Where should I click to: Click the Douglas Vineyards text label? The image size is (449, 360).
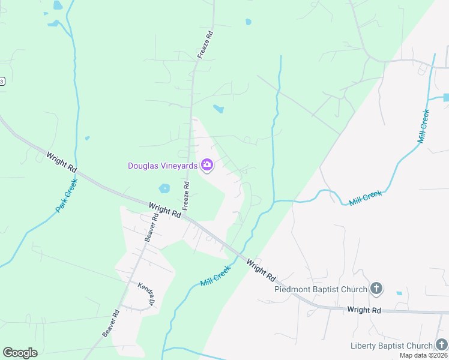pos(163,166)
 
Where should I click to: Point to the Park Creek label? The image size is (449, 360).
pos(67,199)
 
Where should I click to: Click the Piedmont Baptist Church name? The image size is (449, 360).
pos(321,289)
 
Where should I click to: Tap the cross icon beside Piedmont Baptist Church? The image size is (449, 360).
pos(376,289)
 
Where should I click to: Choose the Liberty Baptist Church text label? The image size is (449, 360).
pos(391,346)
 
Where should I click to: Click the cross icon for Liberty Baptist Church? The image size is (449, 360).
pos(442,345)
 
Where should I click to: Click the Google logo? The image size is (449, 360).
pos(20,353)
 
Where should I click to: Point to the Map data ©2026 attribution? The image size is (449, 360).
pos(423,355)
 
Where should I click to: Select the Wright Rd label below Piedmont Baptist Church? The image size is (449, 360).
pos(364,310)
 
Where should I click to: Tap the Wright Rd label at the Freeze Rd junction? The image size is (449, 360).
pos(165,209)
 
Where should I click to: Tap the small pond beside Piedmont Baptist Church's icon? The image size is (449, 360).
pos(399,293)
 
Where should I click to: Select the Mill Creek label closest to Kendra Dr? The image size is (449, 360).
pos(215,277)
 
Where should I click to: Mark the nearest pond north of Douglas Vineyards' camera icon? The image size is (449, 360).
pos(219,109)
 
